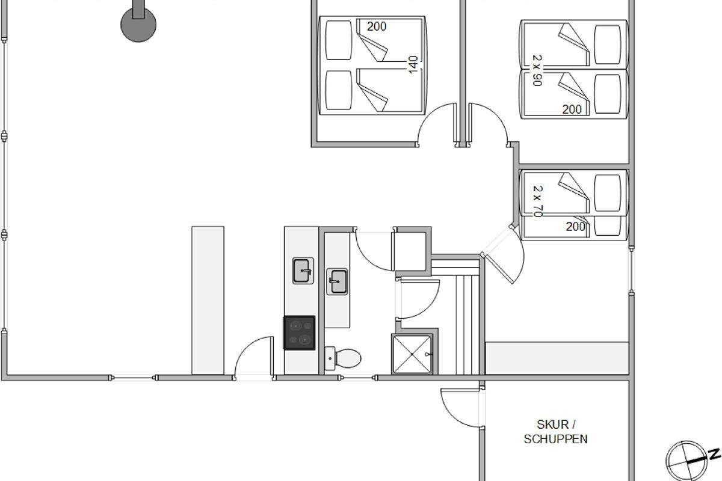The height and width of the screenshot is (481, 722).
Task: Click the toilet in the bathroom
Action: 342,358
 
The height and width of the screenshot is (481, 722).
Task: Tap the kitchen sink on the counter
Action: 303,271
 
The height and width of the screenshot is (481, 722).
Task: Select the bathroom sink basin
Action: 337,281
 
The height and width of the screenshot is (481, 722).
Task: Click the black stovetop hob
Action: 299,333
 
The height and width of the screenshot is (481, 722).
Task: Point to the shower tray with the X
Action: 412,354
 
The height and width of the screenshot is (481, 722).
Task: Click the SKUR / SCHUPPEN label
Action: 556,432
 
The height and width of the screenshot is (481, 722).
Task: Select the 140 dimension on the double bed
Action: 413,65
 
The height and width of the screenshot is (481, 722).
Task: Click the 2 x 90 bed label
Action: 537,70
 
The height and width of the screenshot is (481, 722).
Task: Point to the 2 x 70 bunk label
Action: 537,201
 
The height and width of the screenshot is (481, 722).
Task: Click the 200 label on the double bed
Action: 377,26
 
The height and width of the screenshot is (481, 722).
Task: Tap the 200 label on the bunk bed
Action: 575,227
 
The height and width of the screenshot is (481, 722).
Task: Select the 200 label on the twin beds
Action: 572,109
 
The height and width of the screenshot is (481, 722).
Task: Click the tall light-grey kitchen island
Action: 208,300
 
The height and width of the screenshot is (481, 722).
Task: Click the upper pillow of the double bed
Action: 338,40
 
